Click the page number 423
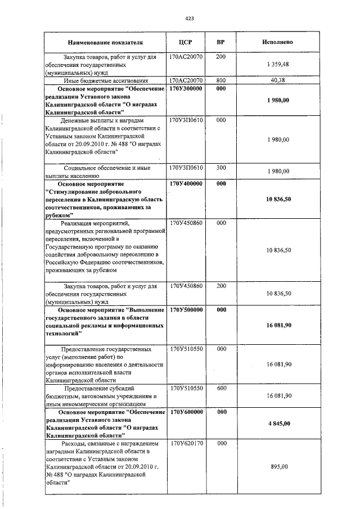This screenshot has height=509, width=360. tap(190, 19)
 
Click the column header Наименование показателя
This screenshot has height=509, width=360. tap(105, 42)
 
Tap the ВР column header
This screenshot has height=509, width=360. tap(221, 42)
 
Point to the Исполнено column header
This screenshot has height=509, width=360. tap(278, 42)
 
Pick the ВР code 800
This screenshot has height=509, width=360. tap(221, 80)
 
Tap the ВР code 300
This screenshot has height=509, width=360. tap(221, 168)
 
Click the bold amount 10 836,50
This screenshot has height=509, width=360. tap(278, 199)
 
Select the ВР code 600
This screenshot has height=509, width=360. tap(221, 388)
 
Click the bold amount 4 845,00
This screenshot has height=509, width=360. tap(278, 423)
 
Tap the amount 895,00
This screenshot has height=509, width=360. tap(278, 467)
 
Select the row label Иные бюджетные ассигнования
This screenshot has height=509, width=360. tap(106, 80)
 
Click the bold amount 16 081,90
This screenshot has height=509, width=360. tap(278, 325)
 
